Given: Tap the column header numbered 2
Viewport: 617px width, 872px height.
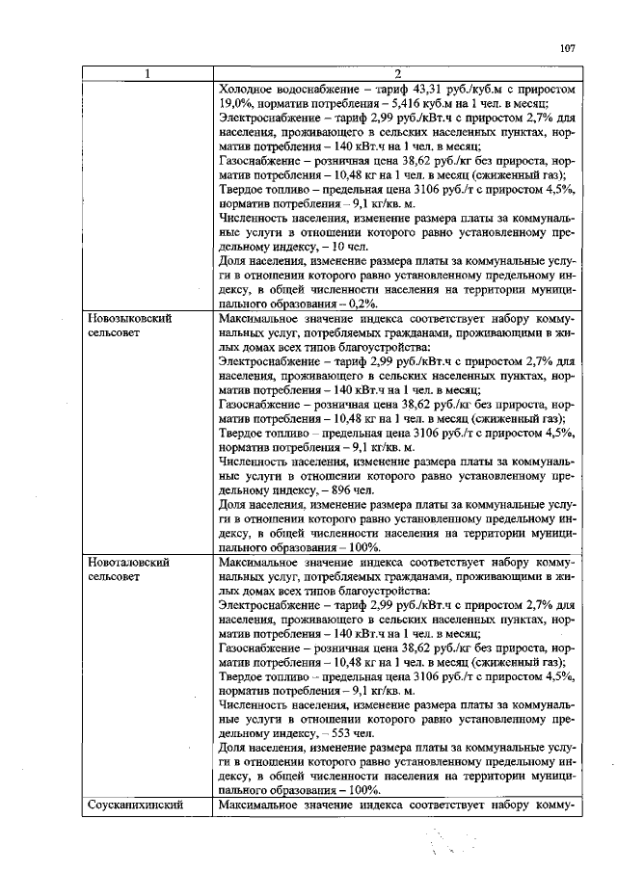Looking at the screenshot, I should [x=397, y=74].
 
